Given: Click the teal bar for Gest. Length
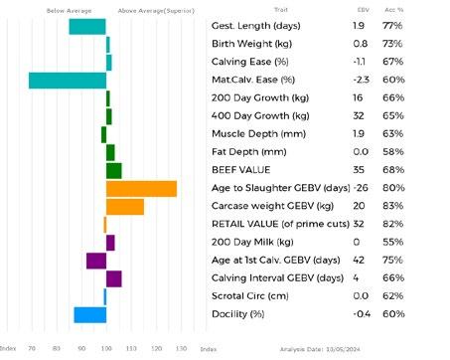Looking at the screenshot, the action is (x=87, y=27).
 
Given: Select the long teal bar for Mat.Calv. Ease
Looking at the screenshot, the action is (x=68, y=81).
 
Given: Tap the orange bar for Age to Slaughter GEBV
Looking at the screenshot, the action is (x=141, y=189).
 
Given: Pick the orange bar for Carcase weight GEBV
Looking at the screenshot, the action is (x=125, y=207).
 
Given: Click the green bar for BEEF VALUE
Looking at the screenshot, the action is (x=114, y=171).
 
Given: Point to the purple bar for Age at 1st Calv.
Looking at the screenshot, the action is (x=96, y=261).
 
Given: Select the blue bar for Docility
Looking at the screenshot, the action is (x=90, y=315).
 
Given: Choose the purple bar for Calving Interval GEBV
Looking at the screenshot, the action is (x=114, y=278).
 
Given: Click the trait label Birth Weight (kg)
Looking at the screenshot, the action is (x=251, y=44).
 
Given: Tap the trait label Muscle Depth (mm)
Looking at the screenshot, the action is (x=258, y=134).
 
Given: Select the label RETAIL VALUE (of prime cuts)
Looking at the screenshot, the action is (x=280, y=224).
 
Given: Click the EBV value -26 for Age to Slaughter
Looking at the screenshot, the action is (x=361, y=188).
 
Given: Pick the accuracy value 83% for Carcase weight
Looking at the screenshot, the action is (x=393, y=206).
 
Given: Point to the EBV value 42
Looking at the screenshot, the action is (x=359, y=260).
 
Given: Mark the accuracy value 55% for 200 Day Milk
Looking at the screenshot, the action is (x=393, y=242).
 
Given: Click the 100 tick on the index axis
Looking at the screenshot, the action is (x=106, y=349).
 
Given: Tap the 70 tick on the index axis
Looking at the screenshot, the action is (x=32, y=349).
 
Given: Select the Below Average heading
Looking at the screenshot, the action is (x=69, y=11).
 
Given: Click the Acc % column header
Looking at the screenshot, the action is (x=394, y=10).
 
